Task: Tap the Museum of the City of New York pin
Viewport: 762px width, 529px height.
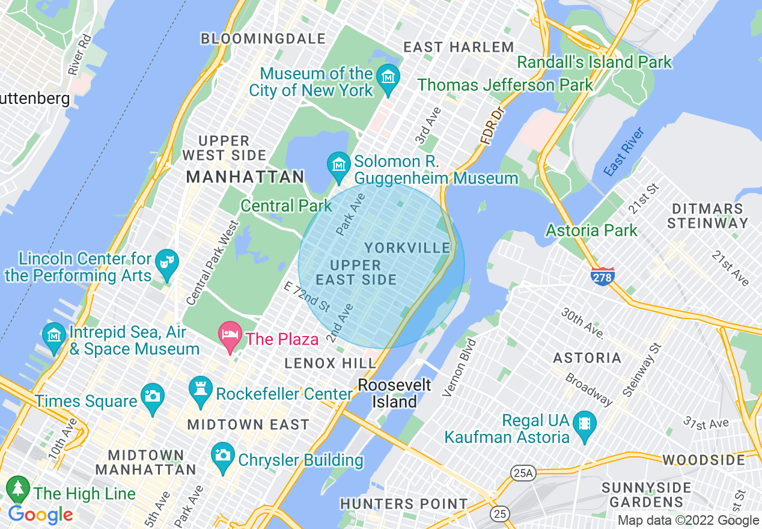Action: pos(388,78)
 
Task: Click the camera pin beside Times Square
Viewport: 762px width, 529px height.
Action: pos(152,397)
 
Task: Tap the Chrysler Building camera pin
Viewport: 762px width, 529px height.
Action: pos(223,456)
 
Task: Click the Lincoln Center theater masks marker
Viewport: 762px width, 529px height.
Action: pos(165,263)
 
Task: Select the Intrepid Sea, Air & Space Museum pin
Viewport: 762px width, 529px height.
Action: pos(54,336)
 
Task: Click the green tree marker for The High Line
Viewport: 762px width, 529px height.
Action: pos(19,489)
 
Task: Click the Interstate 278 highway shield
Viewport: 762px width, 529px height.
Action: pos(602,277)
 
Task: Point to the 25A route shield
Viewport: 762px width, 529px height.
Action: pos(522,473)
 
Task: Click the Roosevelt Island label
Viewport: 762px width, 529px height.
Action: pos(394,393)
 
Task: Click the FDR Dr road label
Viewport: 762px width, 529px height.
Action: pos(490,126)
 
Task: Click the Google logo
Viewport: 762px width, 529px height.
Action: pos(40,515)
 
